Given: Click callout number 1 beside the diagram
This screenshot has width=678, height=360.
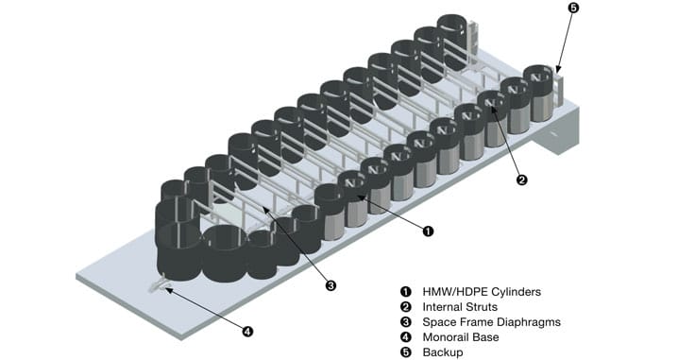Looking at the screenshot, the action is (428, 231).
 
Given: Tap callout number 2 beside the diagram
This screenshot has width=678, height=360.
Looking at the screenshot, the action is (522, 180).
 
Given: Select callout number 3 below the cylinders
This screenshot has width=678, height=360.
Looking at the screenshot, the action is (331, 285).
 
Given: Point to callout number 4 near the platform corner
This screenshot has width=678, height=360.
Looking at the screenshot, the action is (246, 332).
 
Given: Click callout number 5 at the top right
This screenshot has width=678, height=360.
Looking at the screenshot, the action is (572, 9).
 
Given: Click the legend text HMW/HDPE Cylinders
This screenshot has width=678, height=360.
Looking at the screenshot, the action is (482, 292).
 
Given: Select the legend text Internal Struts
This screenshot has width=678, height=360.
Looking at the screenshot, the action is (460, 307).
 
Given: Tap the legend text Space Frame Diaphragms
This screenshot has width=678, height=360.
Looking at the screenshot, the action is (492, 322).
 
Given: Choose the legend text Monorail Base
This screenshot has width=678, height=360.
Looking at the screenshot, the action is (461, 337).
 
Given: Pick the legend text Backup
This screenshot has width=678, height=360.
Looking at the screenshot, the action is (443, 352).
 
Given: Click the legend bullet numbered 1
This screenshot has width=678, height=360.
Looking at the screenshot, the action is (406, 292).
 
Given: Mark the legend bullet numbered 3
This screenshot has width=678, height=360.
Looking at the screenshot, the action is (406, 322).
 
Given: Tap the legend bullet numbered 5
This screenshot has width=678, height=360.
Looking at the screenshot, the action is (406, 352).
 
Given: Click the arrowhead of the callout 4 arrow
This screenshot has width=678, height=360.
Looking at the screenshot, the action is (168, 289).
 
